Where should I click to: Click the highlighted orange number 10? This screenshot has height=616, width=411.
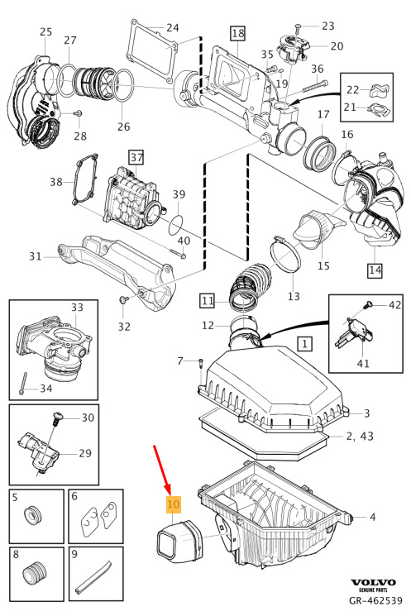point(174,504)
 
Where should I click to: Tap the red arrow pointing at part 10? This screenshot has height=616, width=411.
point(162,469)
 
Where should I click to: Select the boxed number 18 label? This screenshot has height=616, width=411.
point(237,33)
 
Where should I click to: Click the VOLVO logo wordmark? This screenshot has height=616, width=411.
point(373,583)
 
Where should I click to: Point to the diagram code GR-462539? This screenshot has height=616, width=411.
point(376,600)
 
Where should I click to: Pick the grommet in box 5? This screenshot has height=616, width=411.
point(32,515)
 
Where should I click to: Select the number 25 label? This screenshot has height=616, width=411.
point(46,31)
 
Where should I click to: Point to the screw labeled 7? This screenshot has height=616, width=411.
point(201,367)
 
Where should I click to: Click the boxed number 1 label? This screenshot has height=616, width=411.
point(305,344)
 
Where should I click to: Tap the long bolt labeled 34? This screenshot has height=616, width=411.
point(23,383)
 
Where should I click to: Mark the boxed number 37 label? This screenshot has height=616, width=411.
point(136,158)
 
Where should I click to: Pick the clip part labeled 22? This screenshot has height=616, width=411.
point(380,91)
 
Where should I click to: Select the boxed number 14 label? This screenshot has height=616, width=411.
point(375,270)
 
